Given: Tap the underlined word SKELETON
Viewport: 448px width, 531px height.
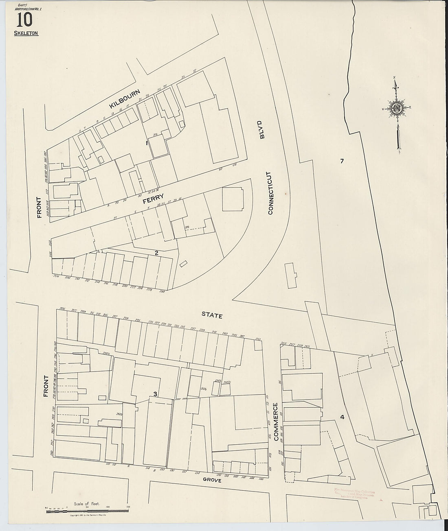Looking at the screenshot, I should pyautogui.click(x=26, y=33).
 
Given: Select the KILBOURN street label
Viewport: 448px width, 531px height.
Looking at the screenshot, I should pyautogui.click(x=125, y=98).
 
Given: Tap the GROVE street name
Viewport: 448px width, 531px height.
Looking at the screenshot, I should pyautogui.click(x=212, y=480).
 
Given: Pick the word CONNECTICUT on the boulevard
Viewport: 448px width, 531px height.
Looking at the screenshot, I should pyautogui.click(x=270, y=192).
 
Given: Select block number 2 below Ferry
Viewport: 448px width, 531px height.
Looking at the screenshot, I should pyautogui.click(x=156, y=253).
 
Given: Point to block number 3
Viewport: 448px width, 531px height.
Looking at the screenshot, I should pyautogui.click(x=155, y=393).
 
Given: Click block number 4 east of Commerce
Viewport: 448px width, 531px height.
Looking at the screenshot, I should pyautogui.click(x=342, y=417).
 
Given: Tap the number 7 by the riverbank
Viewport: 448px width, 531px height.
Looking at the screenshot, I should pyautogui.click(x=342, y=161).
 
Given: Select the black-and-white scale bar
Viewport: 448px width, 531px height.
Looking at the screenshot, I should pyautogui.click(x=86, y=511).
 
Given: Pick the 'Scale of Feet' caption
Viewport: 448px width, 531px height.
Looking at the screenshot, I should pyautogui.click(x=84, y=504).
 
